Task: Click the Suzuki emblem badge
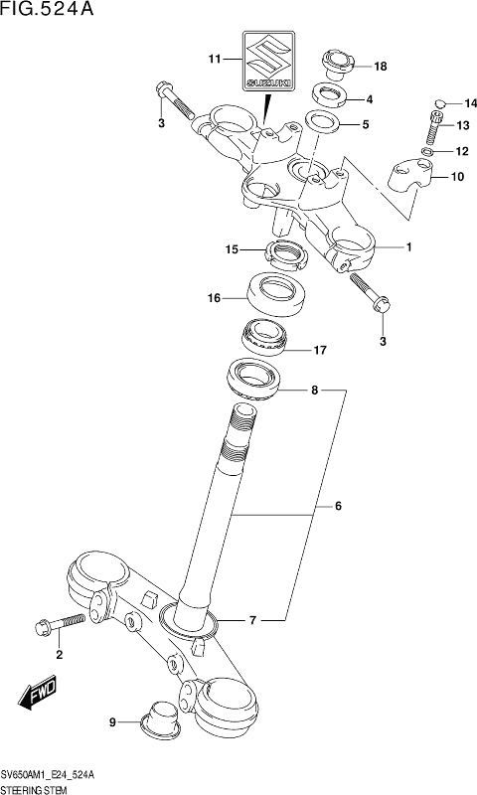coord(268,61)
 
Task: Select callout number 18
coord(380,67)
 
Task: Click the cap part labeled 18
coord(337,65)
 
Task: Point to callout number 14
coord(471,104)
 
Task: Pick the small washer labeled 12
coord(428,152)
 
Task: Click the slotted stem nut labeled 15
coord(286,255)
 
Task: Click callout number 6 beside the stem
coord(338,507)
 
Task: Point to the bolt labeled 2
coord(60,625)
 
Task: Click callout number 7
coord(253,620)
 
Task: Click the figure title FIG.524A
coord(47,9)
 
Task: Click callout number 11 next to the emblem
coord(215,60)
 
